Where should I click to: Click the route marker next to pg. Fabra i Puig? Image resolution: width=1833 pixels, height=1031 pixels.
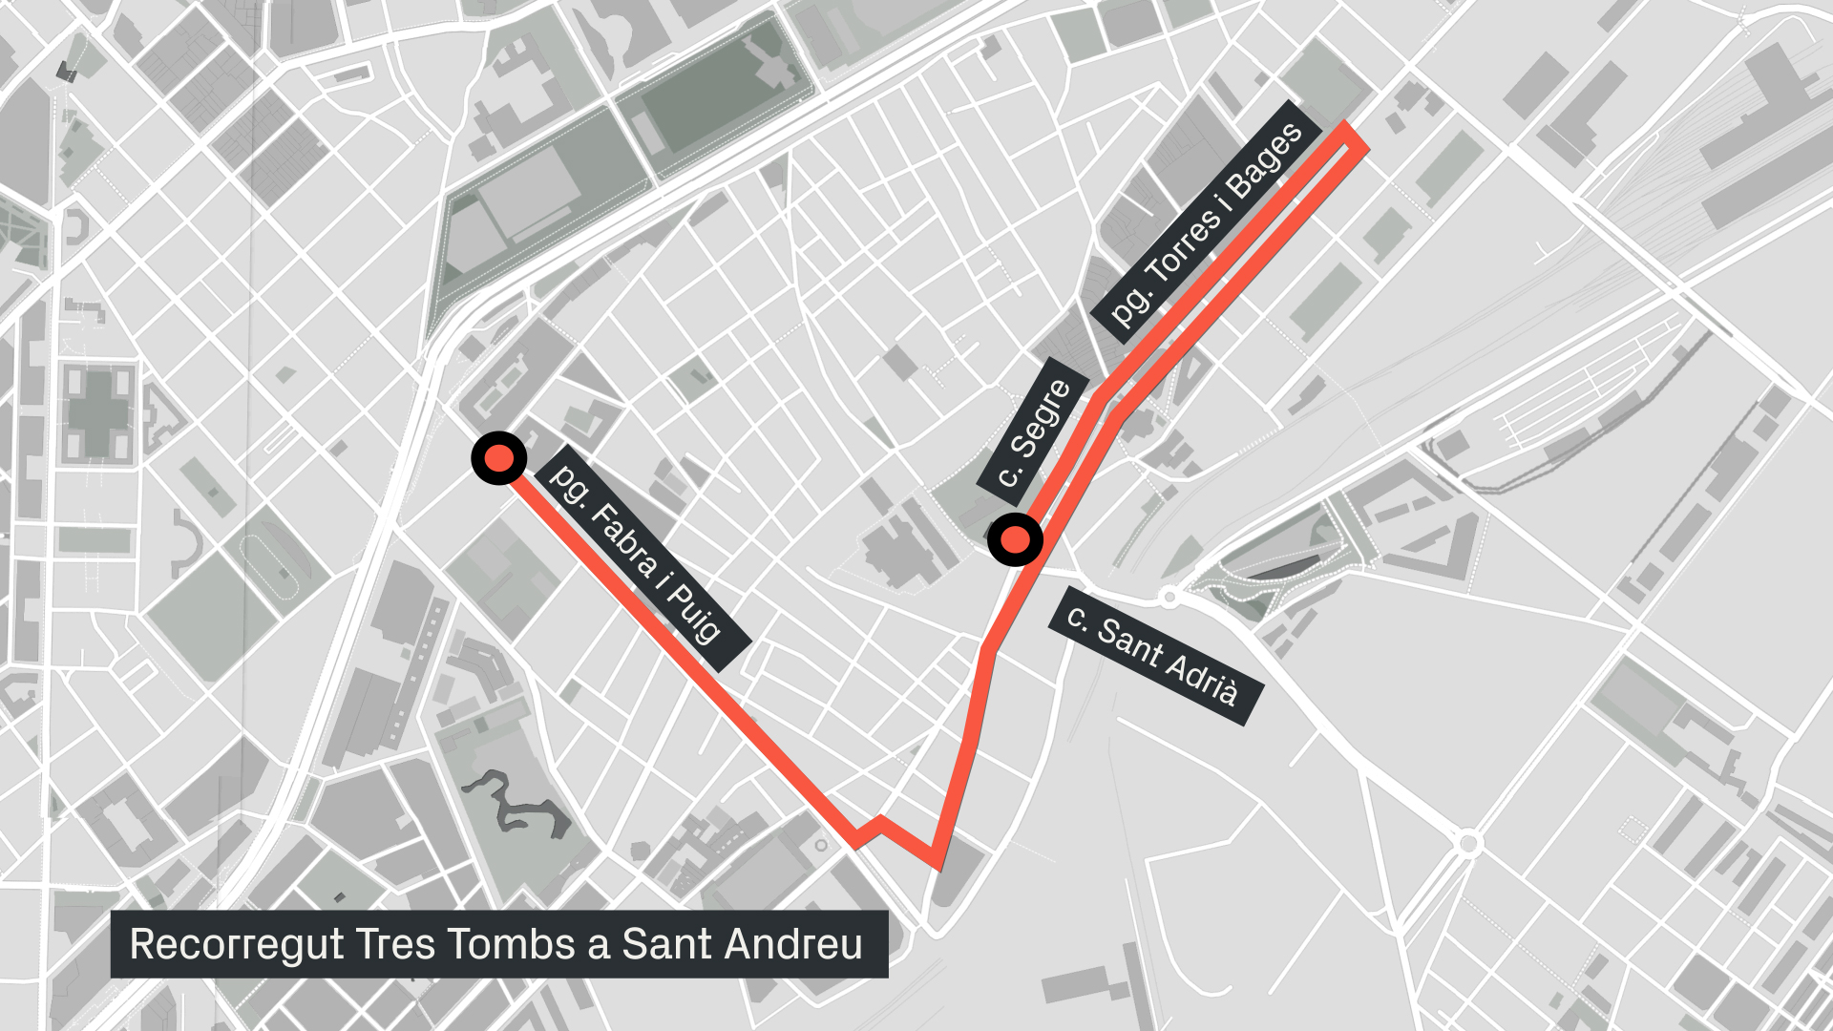[498, 458]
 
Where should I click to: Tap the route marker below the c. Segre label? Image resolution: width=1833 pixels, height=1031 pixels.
[1015, 540]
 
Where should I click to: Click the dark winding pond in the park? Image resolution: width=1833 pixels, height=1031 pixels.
[516, 803]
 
